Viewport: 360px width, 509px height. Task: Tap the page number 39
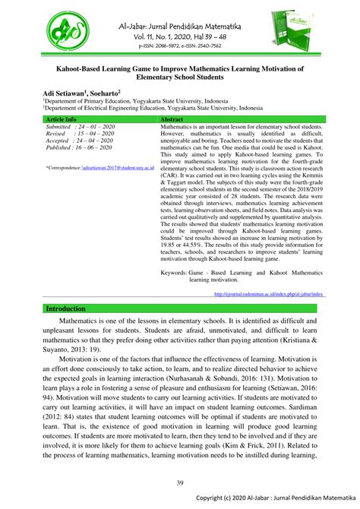tap(179, 482)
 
